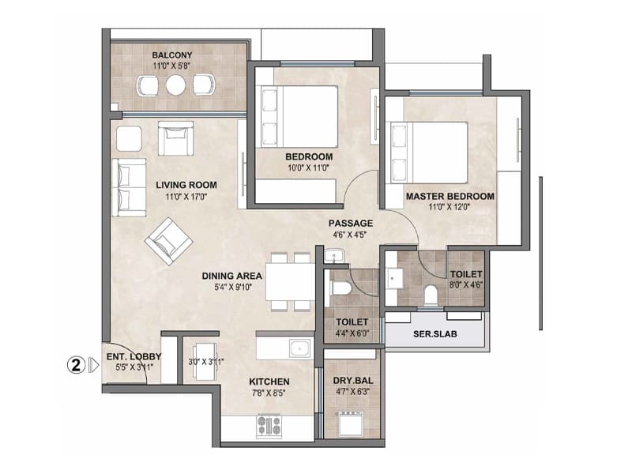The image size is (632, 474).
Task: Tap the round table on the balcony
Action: coord(175,85)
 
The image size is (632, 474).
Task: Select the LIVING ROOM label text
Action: coord(186,186)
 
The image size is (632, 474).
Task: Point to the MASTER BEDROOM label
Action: coord(450,196)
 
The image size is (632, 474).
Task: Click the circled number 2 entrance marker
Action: coord(75,365)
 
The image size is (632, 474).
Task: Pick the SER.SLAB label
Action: coord(433,333)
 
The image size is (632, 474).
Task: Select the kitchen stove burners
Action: coord(269,426)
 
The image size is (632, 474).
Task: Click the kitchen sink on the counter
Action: coord(298,348)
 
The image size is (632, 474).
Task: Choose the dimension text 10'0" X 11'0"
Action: coord(307,167)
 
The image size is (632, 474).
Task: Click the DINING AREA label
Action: coord(231,276)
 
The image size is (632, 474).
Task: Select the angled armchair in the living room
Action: coord(168,240)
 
